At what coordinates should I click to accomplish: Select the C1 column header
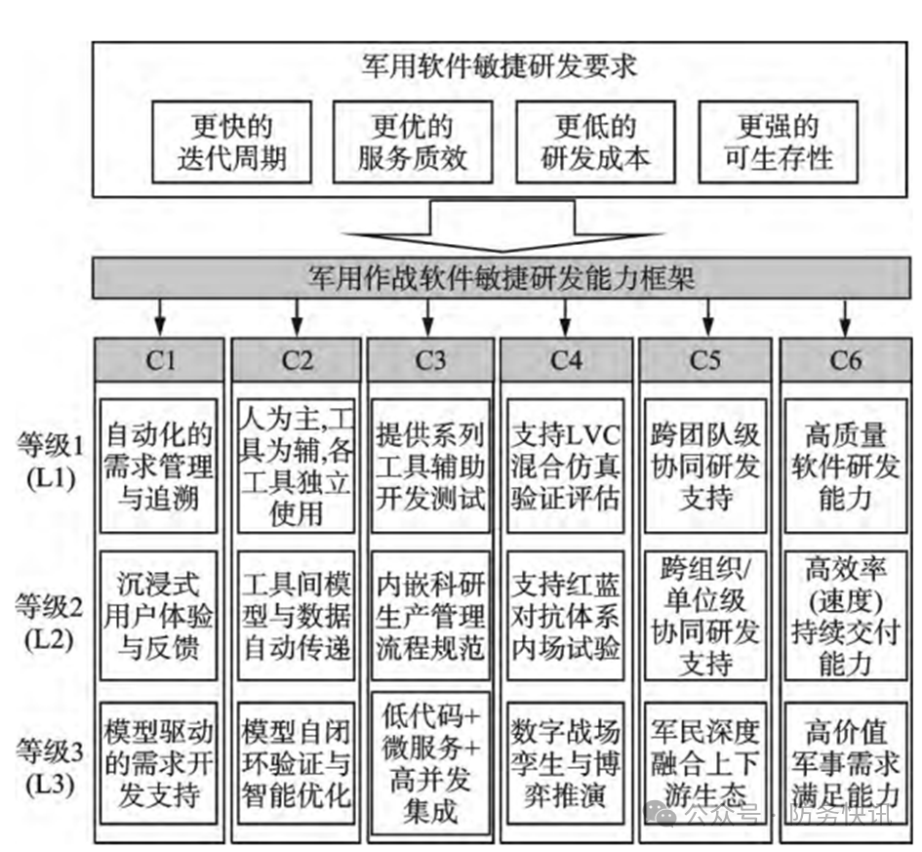(161, 360)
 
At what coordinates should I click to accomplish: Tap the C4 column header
(565, 360)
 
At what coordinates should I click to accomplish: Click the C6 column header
(845, 360)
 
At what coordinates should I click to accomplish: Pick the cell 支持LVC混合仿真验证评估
(565, 465)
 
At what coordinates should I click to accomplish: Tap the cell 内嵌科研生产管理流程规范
(430, 616)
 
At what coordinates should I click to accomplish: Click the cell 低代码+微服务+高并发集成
(430, 762)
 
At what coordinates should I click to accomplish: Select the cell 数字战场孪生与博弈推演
(565, 762)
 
